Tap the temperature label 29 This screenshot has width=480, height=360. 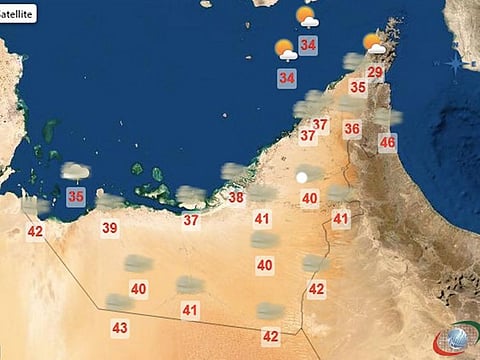(375, 72)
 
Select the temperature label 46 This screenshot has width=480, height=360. (387, 142)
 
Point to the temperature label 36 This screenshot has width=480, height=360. (352, 128)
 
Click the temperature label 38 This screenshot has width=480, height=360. (236, 197)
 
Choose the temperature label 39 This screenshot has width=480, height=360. (110, 228)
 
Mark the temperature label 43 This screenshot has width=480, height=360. (120, 327)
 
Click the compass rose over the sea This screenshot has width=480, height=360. (456, 61)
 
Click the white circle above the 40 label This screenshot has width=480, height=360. (302, 176)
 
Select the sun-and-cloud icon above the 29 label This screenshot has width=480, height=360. (375, 43)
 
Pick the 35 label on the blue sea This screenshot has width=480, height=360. (75, 197)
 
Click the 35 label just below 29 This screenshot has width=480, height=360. (357, 88)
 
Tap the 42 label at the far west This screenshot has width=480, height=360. (35, 231)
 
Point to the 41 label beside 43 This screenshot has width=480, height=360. (190, 310)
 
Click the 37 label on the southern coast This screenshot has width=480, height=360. (190, 220)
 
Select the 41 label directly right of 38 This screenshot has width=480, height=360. (262, 218)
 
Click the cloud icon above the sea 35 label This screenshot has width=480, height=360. (75, 172)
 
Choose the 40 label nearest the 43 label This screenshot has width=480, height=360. (138, 289)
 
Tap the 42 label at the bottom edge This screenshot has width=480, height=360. (270, 336)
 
